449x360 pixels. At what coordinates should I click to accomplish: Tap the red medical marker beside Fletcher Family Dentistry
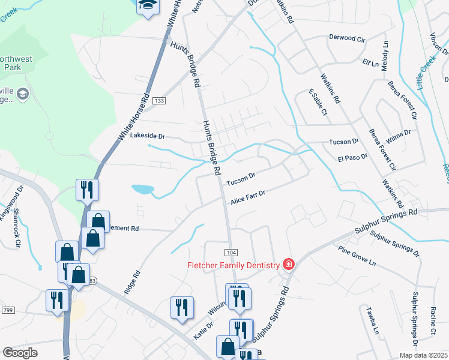289,264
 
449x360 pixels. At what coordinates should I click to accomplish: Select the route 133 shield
158,100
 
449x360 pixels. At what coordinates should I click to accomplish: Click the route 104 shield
231,251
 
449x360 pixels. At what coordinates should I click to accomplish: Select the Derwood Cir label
347,38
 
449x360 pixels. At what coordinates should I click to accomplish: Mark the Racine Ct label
433,320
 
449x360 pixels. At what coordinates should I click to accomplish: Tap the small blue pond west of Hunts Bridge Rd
143,190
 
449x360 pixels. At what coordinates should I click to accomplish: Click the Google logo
20,353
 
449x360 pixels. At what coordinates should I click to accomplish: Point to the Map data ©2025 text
423,355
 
